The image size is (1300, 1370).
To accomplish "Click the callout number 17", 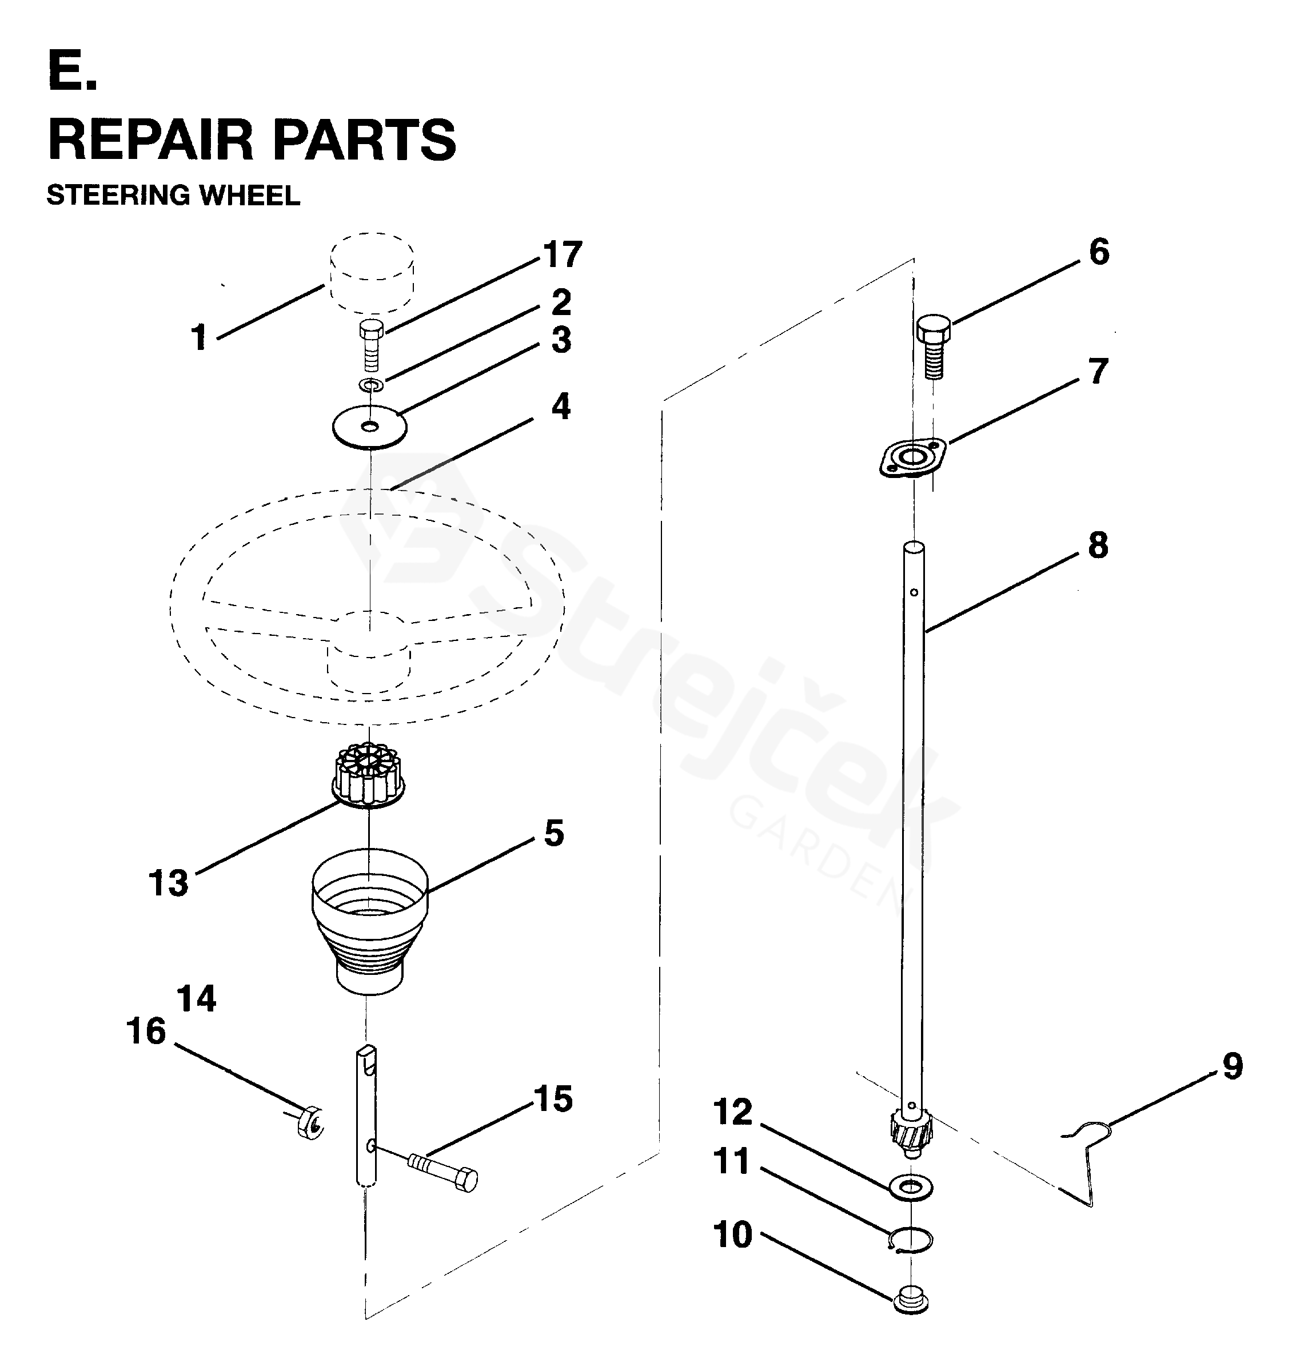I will pos(563,254).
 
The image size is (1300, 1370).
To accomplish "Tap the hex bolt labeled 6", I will pos(934,346).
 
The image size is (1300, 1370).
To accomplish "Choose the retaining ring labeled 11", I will pos(911,1238).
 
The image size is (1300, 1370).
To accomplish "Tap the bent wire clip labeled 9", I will pos(1090,1164).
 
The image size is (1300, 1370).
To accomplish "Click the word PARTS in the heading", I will pos(364,141).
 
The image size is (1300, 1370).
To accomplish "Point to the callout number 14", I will pos(196,999).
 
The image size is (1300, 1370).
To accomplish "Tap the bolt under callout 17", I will pos(372,346).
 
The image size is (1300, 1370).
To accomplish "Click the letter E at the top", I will pos(72,71).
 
